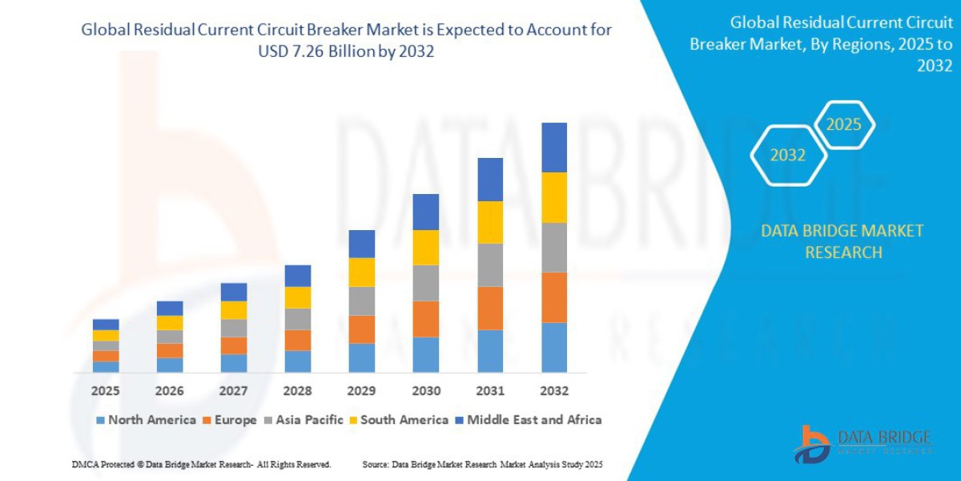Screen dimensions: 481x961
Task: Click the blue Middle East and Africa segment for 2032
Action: pos(554,148)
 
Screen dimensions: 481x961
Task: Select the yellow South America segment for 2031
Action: pos(490,222)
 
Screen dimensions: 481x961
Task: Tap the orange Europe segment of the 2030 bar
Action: pos(426,319)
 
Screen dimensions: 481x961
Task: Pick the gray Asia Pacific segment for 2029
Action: pos(362,301)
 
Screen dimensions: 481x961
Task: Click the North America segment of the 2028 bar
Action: pos(298,362)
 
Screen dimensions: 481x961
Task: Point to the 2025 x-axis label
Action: pos(106,391)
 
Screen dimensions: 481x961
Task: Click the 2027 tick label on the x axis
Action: pos(234,391)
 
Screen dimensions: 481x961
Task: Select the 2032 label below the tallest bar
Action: pos(554,391)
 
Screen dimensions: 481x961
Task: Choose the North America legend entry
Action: pos(146,420)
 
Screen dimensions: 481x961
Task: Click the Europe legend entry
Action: pos(230,420)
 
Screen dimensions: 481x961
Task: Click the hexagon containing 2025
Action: pos(843,125)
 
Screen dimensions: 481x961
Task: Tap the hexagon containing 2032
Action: pos(788,156)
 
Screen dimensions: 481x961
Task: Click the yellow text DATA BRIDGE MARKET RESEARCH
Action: pos(842,241)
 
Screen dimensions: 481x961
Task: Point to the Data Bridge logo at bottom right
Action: pos(862,443)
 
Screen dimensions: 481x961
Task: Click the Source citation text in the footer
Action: pos(482,465)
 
